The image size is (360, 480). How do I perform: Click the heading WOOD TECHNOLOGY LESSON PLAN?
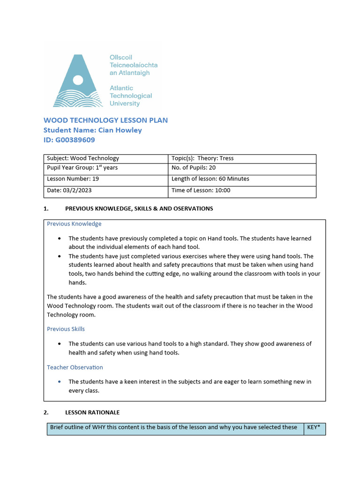coord(105,120)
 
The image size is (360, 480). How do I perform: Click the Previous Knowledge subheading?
coord(74,224)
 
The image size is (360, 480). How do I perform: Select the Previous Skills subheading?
coord(66,329)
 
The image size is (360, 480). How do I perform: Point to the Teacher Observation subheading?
coord(75,367)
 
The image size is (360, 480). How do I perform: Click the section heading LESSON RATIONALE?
coord(92,412)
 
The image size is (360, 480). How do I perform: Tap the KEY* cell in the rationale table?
coord(315,427)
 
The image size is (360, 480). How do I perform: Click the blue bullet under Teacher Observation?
coord(59,382)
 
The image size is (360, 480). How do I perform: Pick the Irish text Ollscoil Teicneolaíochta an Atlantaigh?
coord(133,65)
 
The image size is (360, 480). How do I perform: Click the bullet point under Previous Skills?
coord(59,344)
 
